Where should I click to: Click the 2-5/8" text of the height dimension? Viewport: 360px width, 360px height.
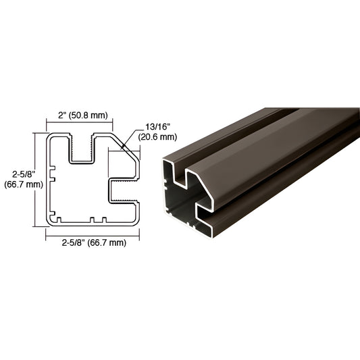point(16,172)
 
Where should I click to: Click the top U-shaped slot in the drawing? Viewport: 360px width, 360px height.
point(81,149)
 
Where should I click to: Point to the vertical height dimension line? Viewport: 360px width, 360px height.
point(35,178)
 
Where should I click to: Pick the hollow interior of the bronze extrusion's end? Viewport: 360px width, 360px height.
point(179,203)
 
